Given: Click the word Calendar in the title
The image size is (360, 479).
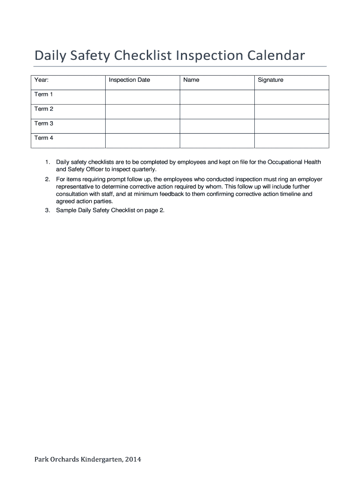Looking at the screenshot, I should pyautogui.click(x=276, y=56).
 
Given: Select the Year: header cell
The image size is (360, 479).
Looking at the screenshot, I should pyautogui.click(x=42, y=80).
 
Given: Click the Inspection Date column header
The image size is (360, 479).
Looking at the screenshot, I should pyautogui.click(x=130, y=80).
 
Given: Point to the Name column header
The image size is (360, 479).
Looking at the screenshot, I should pyautogui.click(x=191, y=80).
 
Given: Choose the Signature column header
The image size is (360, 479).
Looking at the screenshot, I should pyautogui.click(x=271, y=80).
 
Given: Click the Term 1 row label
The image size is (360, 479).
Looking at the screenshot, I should pyautogui.click(x=44, y=94).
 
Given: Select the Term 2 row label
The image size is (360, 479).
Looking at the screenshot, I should pyautogui.click(x=44, y=109).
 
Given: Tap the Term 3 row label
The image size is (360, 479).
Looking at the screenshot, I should pyautogui.click(x=44, y=123).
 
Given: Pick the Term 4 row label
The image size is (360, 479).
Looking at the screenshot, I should pyautogui.click(x=44, y=138).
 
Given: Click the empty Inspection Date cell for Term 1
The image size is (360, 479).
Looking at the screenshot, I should pyautogui.click(x=143, y=97).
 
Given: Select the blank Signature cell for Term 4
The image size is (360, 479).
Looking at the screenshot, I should pyautogui.click(x=291, y=140).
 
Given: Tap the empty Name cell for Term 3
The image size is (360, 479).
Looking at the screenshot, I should pyautogui.click(x=217, y=126).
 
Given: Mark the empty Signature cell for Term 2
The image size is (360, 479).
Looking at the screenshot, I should pyautogui.click(x=291, y=111).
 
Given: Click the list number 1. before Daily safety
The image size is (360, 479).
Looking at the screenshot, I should pyautogui.click(x=48, y=162).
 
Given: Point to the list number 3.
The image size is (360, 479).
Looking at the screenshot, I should pyautogui.click(x=48, y=210).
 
